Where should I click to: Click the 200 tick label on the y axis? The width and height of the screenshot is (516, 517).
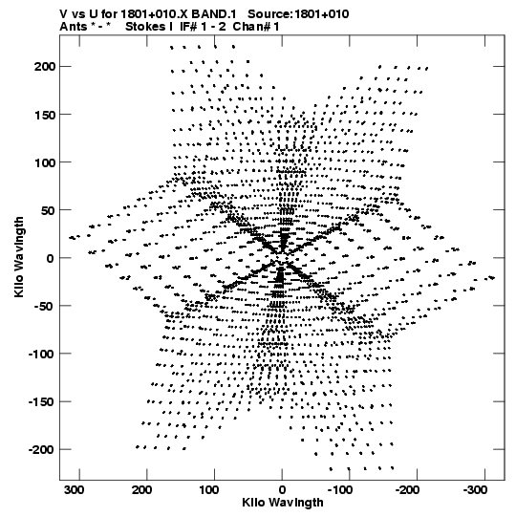point(44,67)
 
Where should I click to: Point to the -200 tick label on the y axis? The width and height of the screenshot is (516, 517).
point(41,449)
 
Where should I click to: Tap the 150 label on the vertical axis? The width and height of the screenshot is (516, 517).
point(44,115)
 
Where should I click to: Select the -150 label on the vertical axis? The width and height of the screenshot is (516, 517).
point(41,402)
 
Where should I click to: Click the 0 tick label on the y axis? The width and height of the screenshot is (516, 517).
point(50,258)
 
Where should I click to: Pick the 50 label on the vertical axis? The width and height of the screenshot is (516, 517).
point(47,210)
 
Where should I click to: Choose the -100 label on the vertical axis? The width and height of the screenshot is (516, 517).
point(41,355)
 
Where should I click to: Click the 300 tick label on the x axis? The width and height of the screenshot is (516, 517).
point(75,490)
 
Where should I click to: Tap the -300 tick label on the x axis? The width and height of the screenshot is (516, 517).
point(476,490)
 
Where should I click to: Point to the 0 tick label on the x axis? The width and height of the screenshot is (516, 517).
point(282,490)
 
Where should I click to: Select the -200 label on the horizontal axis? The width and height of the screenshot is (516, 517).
point(407,490)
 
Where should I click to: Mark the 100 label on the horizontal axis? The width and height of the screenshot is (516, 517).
point(209,490)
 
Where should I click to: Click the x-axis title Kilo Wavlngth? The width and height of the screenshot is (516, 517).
point(283,502)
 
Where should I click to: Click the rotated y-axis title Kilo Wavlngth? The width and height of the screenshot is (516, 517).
point(19,257)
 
